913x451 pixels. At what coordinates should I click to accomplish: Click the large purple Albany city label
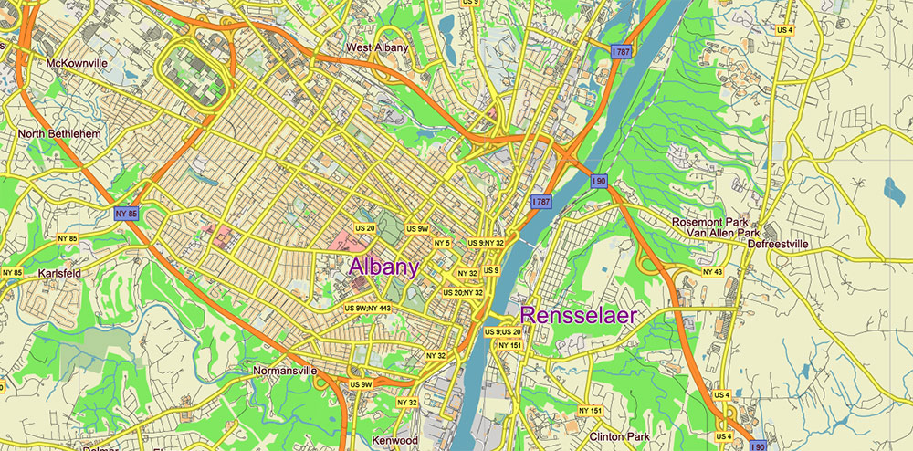[x=384, y=267]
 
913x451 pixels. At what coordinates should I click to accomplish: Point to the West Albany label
[x=377, y=47]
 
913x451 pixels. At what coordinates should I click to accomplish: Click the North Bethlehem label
[x=59, y=134]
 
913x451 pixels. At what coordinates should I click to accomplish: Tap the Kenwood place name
[x=395, y=440]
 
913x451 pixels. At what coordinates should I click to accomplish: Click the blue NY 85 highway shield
[x=127, y=214]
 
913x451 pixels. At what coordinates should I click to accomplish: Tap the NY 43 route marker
[x=713, y=272]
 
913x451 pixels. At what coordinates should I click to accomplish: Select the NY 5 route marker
[x=442, y=243]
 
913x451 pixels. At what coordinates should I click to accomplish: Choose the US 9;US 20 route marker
[x=502, y=331]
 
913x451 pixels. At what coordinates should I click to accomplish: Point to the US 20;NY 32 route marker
[x=463, y=292]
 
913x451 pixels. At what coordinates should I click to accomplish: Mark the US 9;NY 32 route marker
[x=486, y=243]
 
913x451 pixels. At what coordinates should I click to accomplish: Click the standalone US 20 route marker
[x=365, y=227]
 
